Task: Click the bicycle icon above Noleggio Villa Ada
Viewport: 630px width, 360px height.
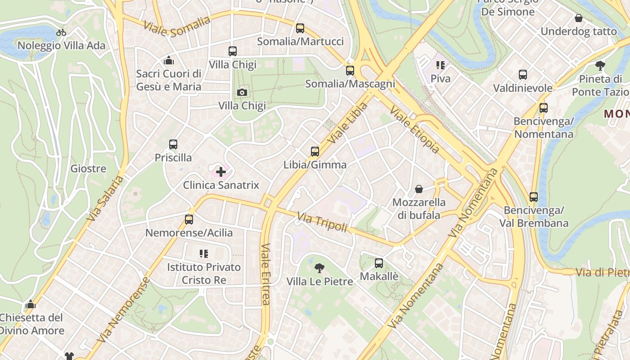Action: coord(61,32)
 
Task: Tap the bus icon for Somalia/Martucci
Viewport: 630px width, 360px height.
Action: coord(300,28)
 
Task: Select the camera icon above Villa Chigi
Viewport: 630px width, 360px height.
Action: coord(242,93)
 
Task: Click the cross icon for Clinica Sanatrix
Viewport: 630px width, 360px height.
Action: coord(221,172)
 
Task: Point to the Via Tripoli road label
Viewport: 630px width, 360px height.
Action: coord(322,223)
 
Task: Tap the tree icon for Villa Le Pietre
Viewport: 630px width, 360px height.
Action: coord(319,269)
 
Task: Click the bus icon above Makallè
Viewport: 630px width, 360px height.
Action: coord(379,263)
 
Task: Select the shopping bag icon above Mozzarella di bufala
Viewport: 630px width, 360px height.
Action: coord(419,189)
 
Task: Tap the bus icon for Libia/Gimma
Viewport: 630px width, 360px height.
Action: coord(315,152)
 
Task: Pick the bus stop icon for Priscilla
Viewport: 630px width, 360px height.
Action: coord(173,144)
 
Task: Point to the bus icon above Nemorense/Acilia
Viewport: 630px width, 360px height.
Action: coord(189,220)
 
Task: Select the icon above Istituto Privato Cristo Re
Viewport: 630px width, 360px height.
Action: coord(204,254)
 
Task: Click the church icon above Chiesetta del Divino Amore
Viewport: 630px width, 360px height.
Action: coord(31,305)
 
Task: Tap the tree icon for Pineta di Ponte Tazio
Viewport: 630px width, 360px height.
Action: coord(600,66)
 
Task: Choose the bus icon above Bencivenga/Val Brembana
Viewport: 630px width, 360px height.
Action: coord(534,197)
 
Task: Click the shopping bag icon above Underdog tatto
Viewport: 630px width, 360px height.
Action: coord(579,18)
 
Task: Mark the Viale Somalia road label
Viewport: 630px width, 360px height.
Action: coord(177,27)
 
